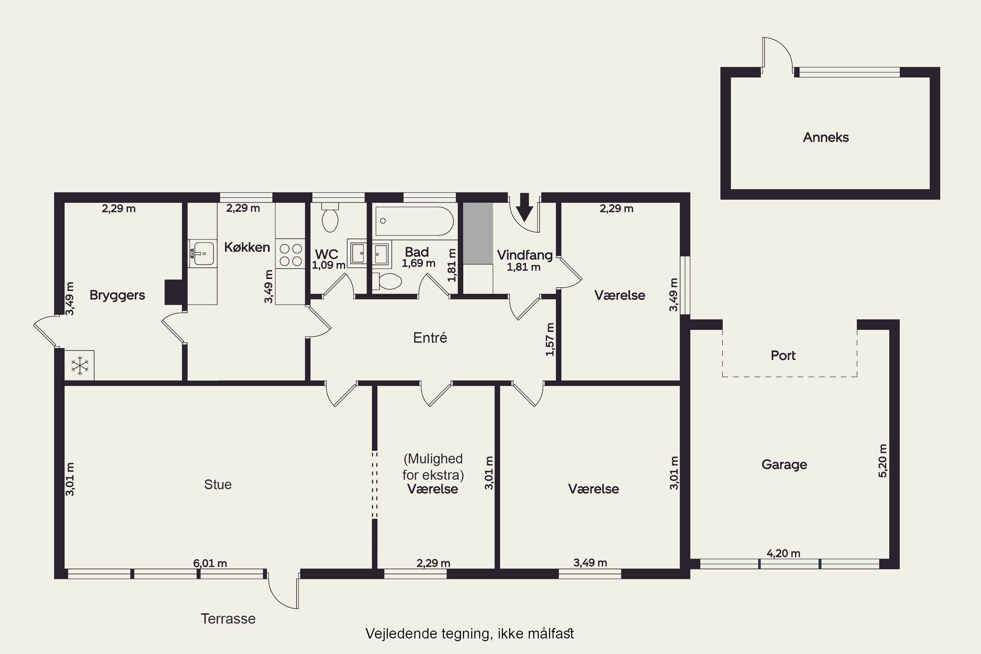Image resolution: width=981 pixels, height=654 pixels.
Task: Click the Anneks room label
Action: point(826,137)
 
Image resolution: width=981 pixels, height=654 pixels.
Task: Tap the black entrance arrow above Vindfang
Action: point(524,207)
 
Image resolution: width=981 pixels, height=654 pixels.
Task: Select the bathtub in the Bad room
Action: point(414,221)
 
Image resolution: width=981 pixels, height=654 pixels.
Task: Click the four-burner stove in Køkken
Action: point(291,255)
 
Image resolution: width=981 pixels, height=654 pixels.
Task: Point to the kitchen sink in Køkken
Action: point(202,253)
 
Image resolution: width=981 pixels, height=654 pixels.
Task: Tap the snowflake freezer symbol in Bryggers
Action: point(79,365)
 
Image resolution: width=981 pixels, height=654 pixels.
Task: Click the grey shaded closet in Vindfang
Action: point(478,233)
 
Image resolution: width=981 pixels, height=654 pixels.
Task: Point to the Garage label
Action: point(784,465)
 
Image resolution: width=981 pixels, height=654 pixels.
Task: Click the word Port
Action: point(783,355)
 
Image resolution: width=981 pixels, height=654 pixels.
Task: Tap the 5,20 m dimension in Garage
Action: point(882,461)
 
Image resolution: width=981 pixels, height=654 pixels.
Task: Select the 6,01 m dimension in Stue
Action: point(210,563)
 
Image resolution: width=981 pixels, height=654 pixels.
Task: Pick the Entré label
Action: point(430,337)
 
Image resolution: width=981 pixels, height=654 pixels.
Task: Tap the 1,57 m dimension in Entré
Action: point(550,339)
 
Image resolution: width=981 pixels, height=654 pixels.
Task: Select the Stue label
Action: point(218,484)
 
